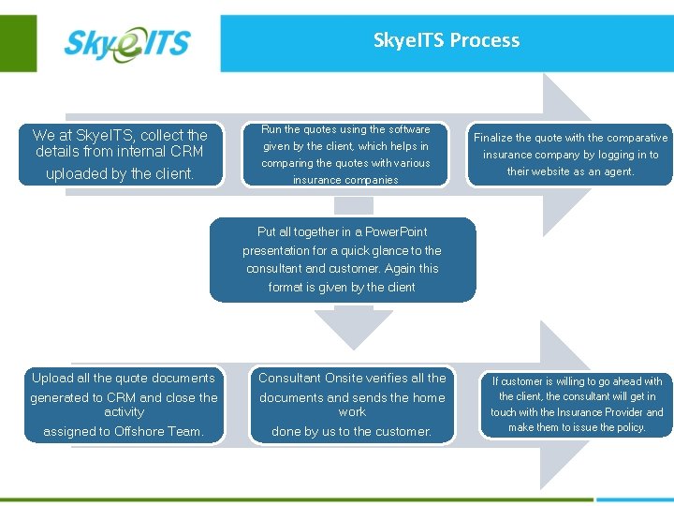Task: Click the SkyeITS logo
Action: coord(126,43)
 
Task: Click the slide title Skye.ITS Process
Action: coord(446,40)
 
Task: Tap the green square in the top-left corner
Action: coord(18,42)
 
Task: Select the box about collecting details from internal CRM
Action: coord(120,154)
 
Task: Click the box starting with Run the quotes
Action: coord(345,154)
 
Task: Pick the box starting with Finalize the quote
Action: coord(570,154)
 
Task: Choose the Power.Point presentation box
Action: coord(342,260)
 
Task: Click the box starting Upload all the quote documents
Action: coord(124,404)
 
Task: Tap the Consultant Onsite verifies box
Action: coord(352,404)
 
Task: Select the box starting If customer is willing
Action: coord(577,404)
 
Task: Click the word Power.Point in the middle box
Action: coord(395,231)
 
